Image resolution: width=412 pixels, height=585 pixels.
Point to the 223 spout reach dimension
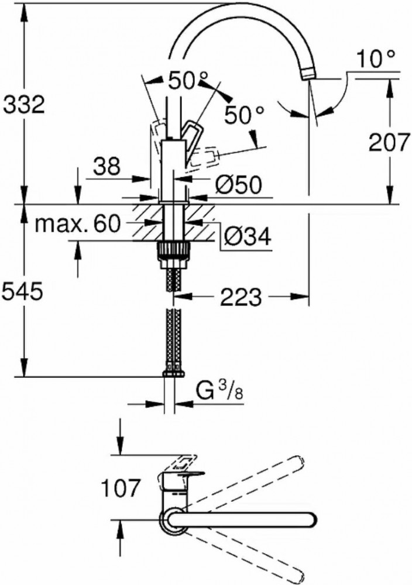tap(241, 297)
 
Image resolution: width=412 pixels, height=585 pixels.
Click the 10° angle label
tap(375, 59)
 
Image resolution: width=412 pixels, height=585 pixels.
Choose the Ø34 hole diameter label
tap(248, 236)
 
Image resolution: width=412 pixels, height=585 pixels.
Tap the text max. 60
tap(78, 223)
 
